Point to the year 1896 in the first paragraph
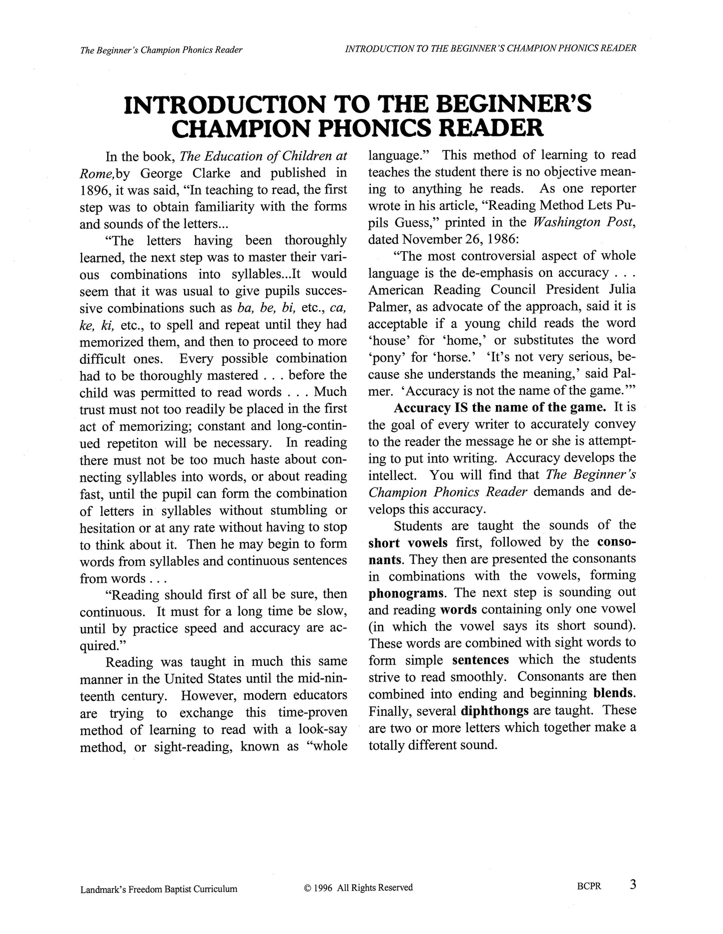[95, 189]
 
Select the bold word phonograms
[406, 593]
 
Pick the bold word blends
[614, 693]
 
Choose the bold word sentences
[480, 659]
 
